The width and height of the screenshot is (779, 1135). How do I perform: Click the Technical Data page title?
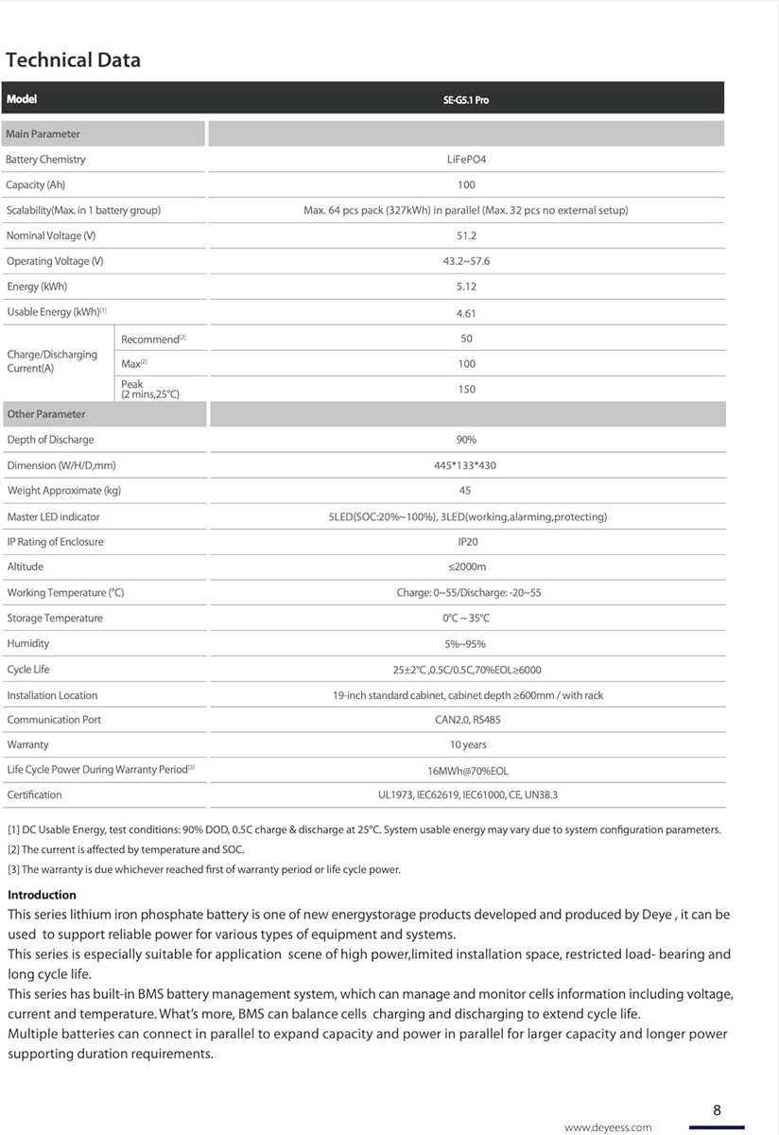[73, 61]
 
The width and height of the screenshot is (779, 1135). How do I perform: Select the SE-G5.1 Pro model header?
[466, 99]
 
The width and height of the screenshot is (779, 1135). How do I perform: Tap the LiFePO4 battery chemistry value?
[466, 160]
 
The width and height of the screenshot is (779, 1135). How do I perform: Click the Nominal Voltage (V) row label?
[51, 236]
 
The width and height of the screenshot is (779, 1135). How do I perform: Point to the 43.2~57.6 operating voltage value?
[466, 261]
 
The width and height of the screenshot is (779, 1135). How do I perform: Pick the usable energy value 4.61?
[466, 312]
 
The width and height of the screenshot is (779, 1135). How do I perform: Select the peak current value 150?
[466, 389]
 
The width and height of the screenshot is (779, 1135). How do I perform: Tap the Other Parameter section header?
[46, 414]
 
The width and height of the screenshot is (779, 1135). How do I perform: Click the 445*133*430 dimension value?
[466, 465]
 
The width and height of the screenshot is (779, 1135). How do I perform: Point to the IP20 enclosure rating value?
[467, 542]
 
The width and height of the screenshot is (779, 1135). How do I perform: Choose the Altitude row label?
[26, 567]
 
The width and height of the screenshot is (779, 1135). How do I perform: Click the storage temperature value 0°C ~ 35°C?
[466, 619]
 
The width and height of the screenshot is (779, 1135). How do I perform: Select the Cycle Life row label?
[28, 670]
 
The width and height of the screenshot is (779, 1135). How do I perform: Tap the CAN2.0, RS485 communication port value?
[466, 720]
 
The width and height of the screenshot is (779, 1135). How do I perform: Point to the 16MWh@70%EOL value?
[467, 771]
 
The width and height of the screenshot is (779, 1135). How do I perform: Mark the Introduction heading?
[42, 895]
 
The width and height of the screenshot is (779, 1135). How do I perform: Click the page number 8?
[717, 1110]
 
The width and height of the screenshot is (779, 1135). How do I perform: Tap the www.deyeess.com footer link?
[608, 1127]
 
